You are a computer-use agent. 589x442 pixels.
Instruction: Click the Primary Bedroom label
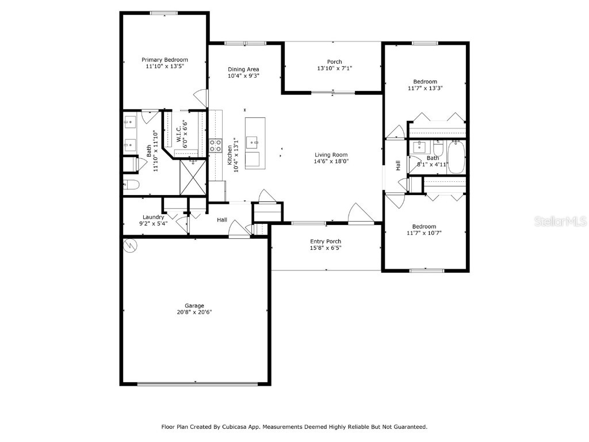165,60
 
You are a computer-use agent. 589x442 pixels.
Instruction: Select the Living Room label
331,154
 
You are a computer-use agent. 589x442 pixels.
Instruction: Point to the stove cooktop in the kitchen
216,146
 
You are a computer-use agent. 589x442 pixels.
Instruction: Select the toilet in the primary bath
131,185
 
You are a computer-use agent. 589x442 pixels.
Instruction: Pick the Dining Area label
243,69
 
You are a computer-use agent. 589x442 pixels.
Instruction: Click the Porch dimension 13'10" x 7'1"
334,68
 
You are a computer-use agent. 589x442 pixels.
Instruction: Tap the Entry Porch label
326,241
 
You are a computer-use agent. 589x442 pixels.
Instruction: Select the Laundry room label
154,217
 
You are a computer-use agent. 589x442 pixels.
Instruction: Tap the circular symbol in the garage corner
131,245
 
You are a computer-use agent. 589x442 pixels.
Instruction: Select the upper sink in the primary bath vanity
129,121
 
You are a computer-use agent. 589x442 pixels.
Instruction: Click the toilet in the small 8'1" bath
438,148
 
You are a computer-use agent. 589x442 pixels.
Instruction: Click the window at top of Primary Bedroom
164,13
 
